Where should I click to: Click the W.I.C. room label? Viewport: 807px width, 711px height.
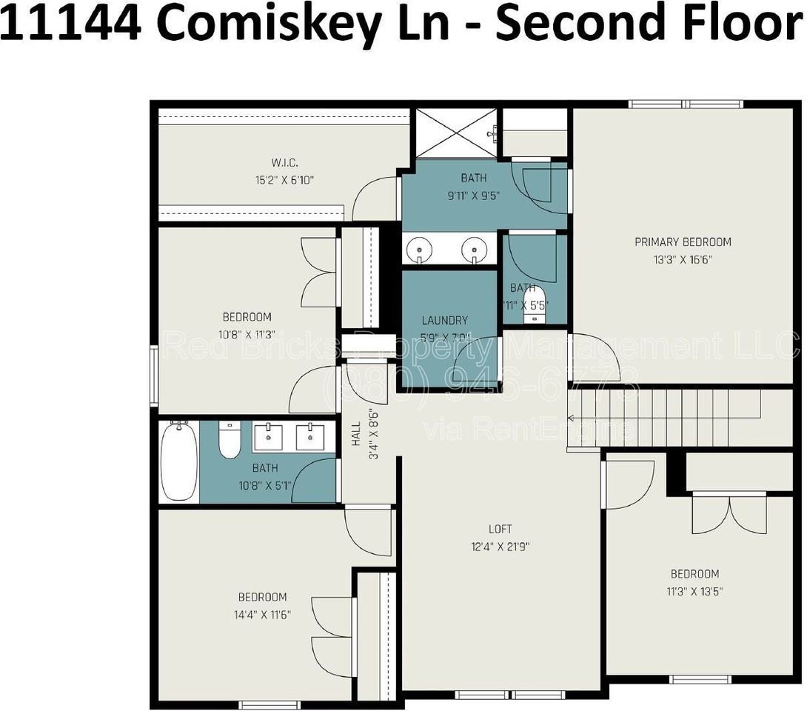point(284,163)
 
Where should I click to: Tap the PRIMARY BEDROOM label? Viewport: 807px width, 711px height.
point(683,242)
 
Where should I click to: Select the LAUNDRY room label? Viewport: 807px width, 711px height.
point(444,321)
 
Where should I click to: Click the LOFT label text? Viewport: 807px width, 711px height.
point(500,530)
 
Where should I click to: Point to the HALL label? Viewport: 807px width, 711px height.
point(356,433)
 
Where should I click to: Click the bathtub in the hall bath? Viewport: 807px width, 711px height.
point(179,461)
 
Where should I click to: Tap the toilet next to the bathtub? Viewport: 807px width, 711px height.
point(230,441)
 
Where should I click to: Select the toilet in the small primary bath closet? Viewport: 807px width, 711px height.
point(533,304)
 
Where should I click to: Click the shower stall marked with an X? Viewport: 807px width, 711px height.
point(456,133)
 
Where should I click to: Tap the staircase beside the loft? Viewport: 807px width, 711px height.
point(666,418)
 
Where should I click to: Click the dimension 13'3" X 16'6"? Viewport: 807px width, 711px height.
point(683,260)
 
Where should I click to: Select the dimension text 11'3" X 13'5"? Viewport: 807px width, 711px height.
point(694,592)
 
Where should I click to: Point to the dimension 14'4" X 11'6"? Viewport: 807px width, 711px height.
point(262,615)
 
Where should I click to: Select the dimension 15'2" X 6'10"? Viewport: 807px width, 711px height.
point(284,179)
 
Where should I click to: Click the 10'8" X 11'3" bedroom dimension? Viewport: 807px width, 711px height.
point(247,334)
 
